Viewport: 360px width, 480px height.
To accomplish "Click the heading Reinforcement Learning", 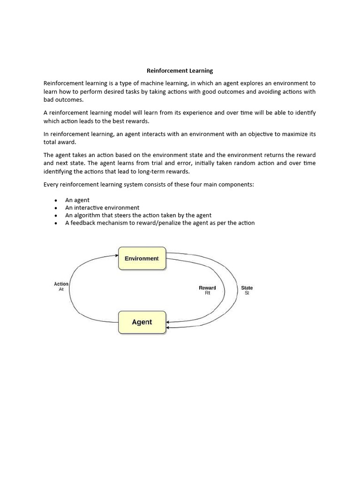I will click(x=180, y=71).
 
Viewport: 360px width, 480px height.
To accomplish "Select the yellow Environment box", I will click(x=142, y=258).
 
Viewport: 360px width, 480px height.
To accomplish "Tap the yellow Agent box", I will click(x=142, y=322).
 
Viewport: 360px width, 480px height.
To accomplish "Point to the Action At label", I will click(x=61, y=286).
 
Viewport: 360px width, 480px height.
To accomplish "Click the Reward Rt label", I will click(x=207, y=290).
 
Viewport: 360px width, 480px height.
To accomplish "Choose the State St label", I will click(x=247, y=290).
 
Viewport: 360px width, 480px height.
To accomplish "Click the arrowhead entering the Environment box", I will click(x=116, y=255).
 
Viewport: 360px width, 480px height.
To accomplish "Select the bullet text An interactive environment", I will click(x=102, y=208).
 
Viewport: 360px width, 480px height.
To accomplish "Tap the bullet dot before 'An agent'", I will click(x=56, y=200).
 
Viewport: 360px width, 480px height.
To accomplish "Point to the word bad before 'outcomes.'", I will click(x=49, y=99).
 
